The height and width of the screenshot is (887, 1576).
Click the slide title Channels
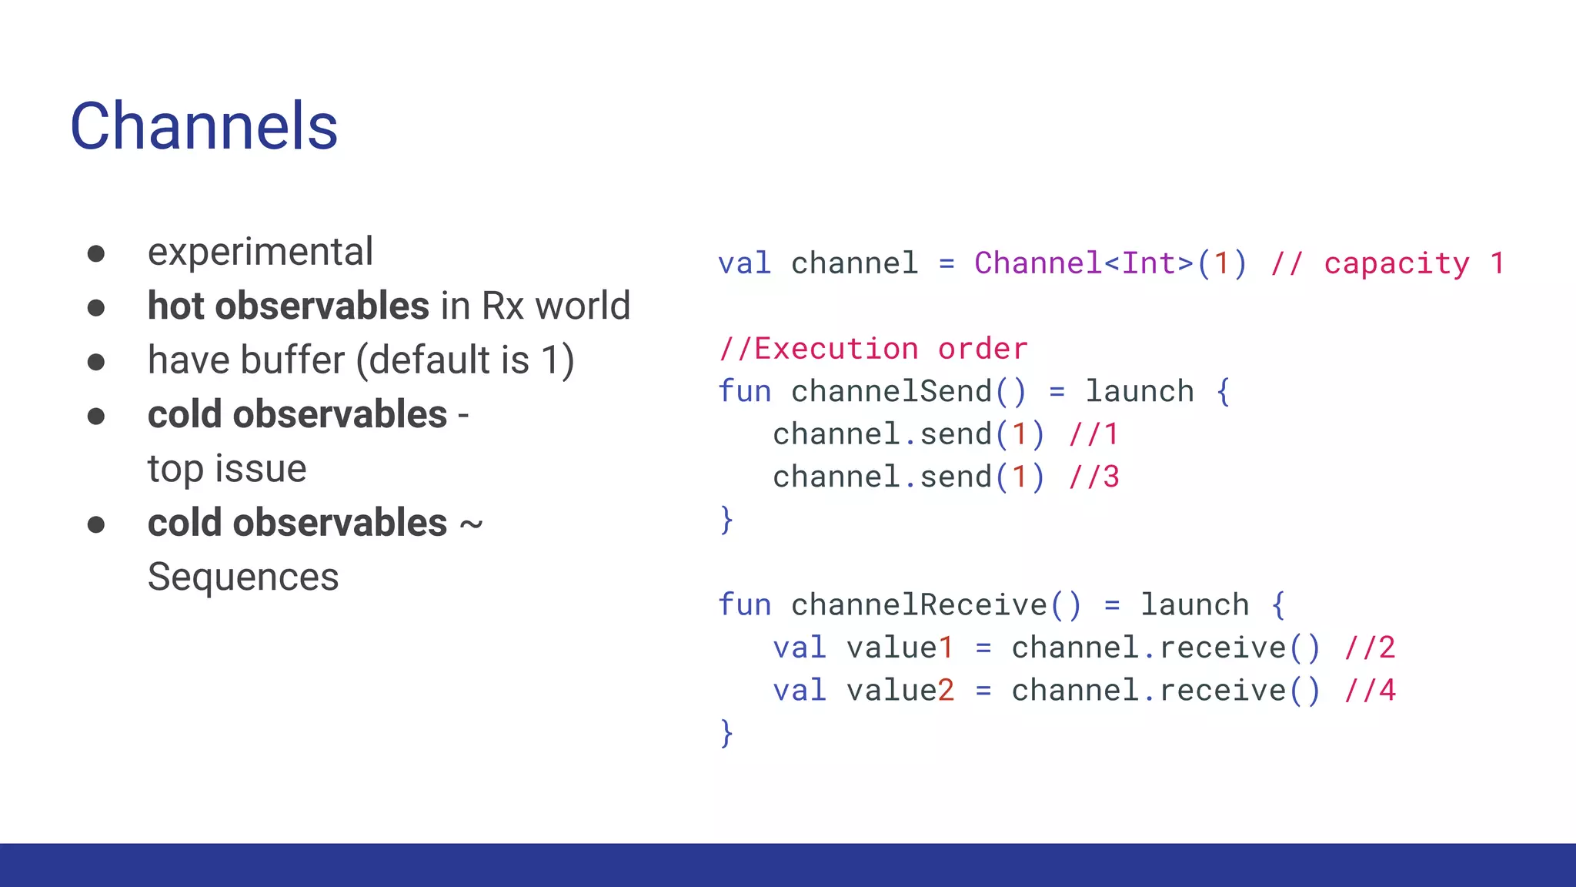coord(204,126)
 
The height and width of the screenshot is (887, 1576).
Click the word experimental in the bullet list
coord(260,252)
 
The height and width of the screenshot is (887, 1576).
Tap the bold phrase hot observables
coord(289,306)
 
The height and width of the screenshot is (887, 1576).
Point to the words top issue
coord(227,469)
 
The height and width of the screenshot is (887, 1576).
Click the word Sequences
coord(243,577)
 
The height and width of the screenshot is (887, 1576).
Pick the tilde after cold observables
coord(471,524)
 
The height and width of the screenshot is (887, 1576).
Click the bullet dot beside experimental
coord(96,254)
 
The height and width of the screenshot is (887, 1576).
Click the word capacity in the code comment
coord(1397,263)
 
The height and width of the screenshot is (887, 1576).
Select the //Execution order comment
coord(873,349)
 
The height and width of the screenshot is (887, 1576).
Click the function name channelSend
coord(891,391)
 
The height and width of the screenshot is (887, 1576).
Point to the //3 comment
coord(1094,477)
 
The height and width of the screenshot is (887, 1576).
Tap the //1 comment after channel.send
coord(1093,434)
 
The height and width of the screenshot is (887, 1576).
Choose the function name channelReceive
coord(919,605)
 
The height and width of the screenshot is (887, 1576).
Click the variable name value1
coord(900,648)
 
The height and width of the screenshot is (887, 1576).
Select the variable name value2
coord(900,691)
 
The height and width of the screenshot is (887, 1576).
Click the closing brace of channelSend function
coord(726,520)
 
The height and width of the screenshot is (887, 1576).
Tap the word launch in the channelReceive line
coord(1194,605)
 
